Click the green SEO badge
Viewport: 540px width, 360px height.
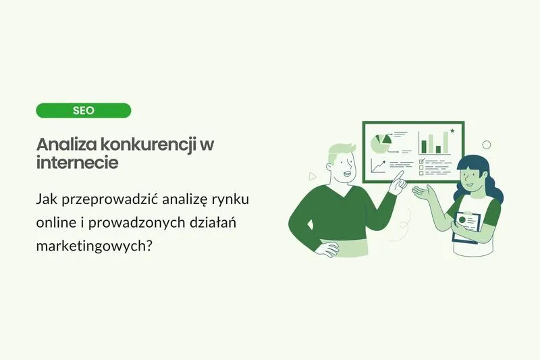83,110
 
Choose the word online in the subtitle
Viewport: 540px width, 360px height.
56,223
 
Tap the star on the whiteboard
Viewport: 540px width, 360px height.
452,130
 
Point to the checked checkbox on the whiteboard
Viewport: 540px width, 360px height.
422,161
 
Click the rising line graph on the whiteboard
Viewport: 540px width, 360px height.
378,165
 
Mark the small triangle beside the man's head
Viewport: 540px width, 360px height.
312,176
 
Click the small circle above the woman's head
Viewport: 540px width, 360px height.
486,145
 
